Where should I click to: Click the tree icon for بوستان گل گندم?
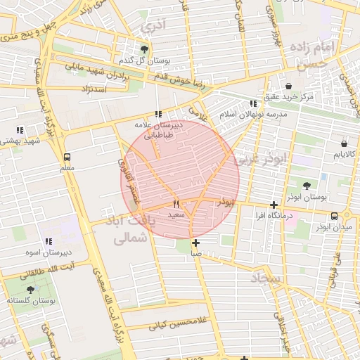(x=144, y=49)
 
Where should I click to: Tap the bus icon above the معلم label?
(x=67, y=157)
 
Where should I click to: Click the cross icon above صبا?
(x=195, y=243)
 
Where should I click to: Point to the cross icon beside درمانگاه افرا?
(x=274, y=205)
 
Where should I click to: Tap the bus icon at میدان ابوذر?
(x=334, y=216)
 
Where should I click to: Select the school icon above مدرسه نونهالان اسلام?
(x=252, y=103)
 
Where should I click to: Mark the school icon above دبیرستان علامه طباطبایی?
(x=158, y=114)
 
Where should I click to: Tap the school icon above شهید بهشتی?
(x=20, y=130)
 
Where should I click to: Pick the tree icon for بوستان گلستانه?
(x=30, y=289)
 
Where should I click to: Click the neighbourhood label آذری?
(x=154, y=27)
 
